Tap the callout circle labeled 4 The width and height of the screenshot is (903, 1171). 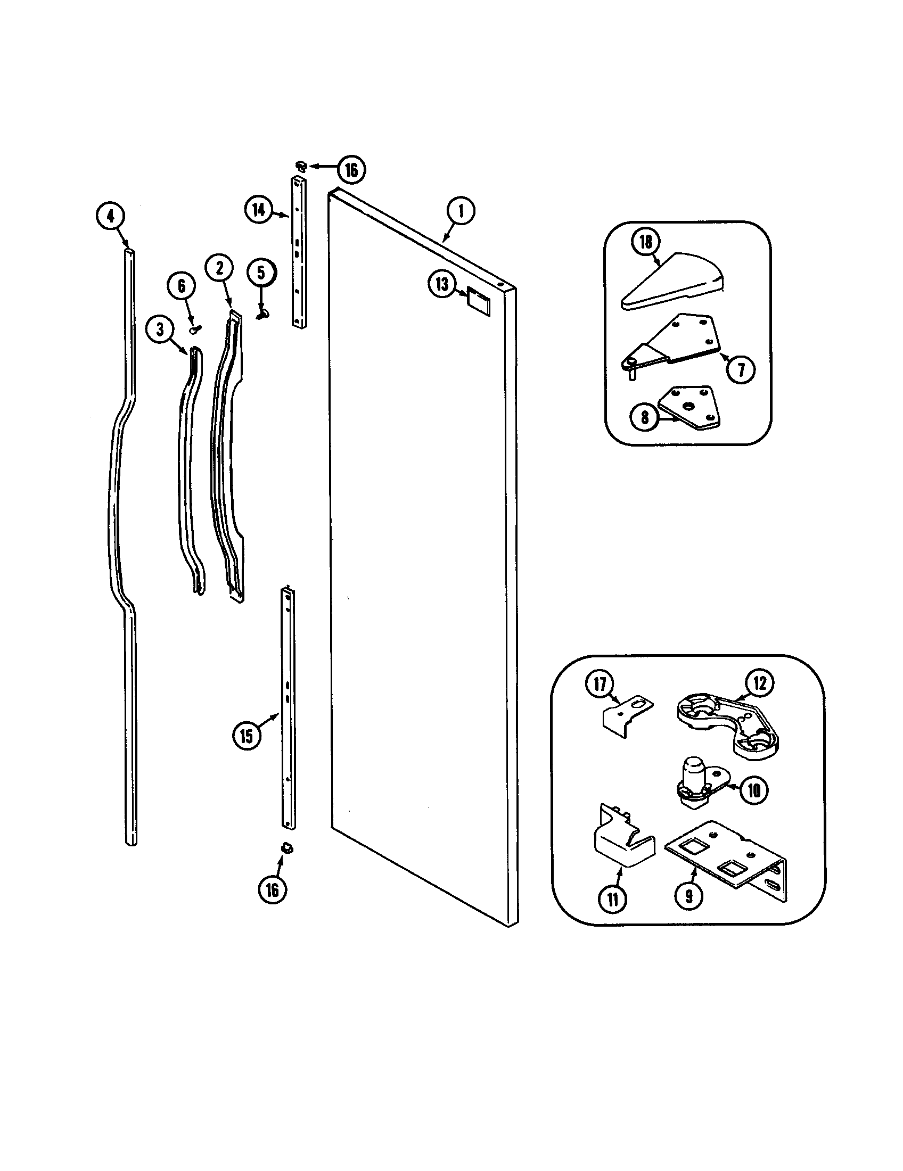110,216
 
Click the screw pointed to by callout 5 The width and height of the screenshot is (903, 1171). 262,315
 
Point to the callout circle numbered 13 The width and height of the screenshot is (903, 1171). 442,284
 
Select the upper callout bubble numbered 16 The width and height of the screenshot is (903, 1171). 351,169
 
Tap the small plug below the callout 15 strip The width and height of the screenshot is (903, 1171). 288,848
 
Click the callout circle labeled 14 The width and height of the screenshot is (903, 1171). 259,210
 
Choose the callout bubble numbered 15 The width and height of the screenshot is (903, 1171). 246,736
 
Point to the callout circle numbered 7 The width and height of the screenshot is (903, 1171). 741,369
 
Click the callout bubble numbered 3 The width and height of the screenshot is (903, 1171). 160,329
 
